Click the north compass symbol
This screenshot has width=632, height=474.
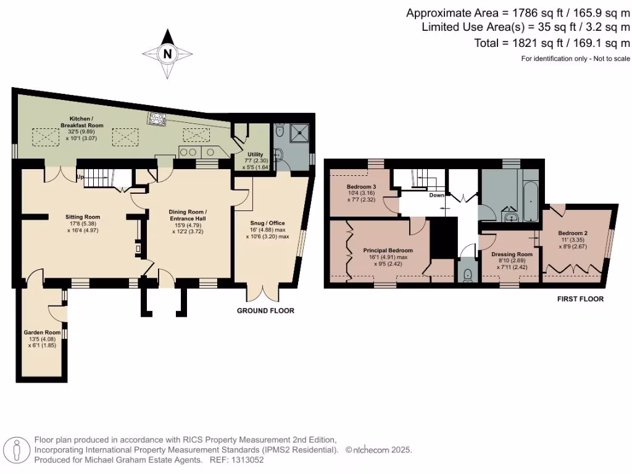tap(167, 54)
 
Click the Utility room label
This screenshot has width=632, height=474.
tap(256, 154)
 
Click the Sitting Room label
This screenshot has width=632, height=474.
tap(83, 217)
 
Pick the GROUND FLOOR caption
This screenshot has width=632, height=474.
tap(265, 311)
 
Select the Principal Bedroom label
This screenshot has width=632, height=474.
tap(388, 251)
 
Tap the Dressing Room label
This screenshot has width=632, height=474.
tap(512, 254)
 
